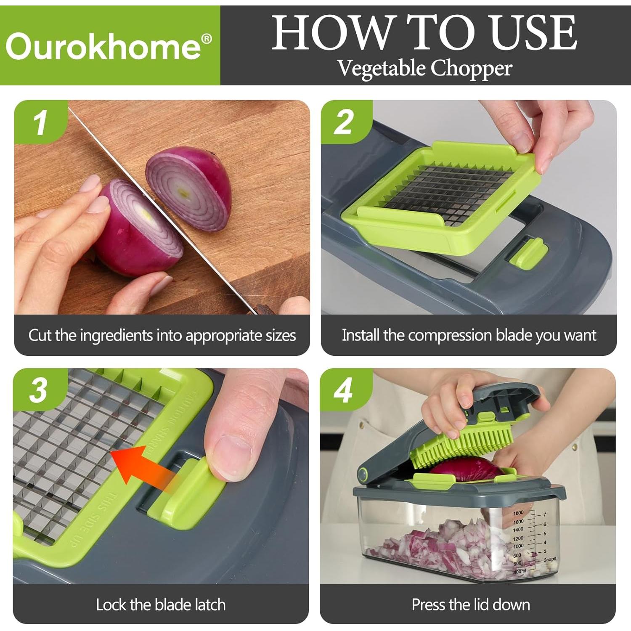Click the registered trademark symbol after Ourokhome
point(207,39)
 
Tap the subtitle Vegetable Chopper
point(424,68)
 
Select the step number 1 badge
point(40,122)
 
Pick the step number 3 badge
point(39,390)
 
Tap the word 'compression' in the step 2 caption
point(450,335)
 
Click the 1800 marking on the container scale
point(518,513)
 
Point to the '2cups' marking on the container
point(549,559)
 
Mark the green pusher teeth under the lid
point(463,448)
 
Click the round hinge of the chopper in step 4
point(363,474)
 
